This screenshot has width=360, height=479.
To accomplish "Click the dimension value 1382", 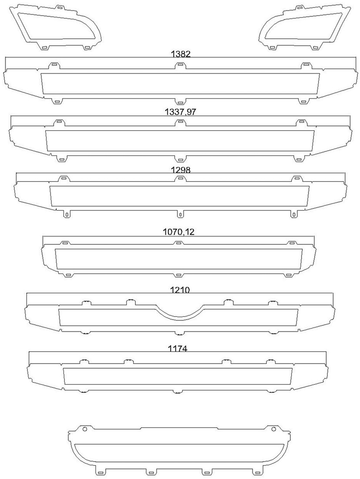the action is [x=181, y=54].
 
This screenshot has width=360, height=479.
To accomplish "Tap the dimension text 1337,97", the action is [x=180, y=112].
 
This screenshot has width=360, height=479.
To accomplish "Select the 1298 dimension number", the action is [x=181, y=170].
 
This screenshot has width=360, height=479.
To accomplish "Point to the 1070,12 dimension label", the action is [x=179, y=232].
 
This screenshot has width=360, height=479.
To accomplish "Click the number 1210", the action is [x=180, y=289].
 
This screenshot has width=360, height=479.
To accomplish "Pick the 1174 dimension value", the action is [x=178, y=348].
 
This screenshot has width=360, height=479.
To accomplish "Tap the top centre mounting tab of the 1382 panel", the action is [x=180, y=65].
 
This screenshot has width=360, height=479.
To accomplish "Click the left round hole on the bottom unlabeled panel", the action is [x=85, y=429].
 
